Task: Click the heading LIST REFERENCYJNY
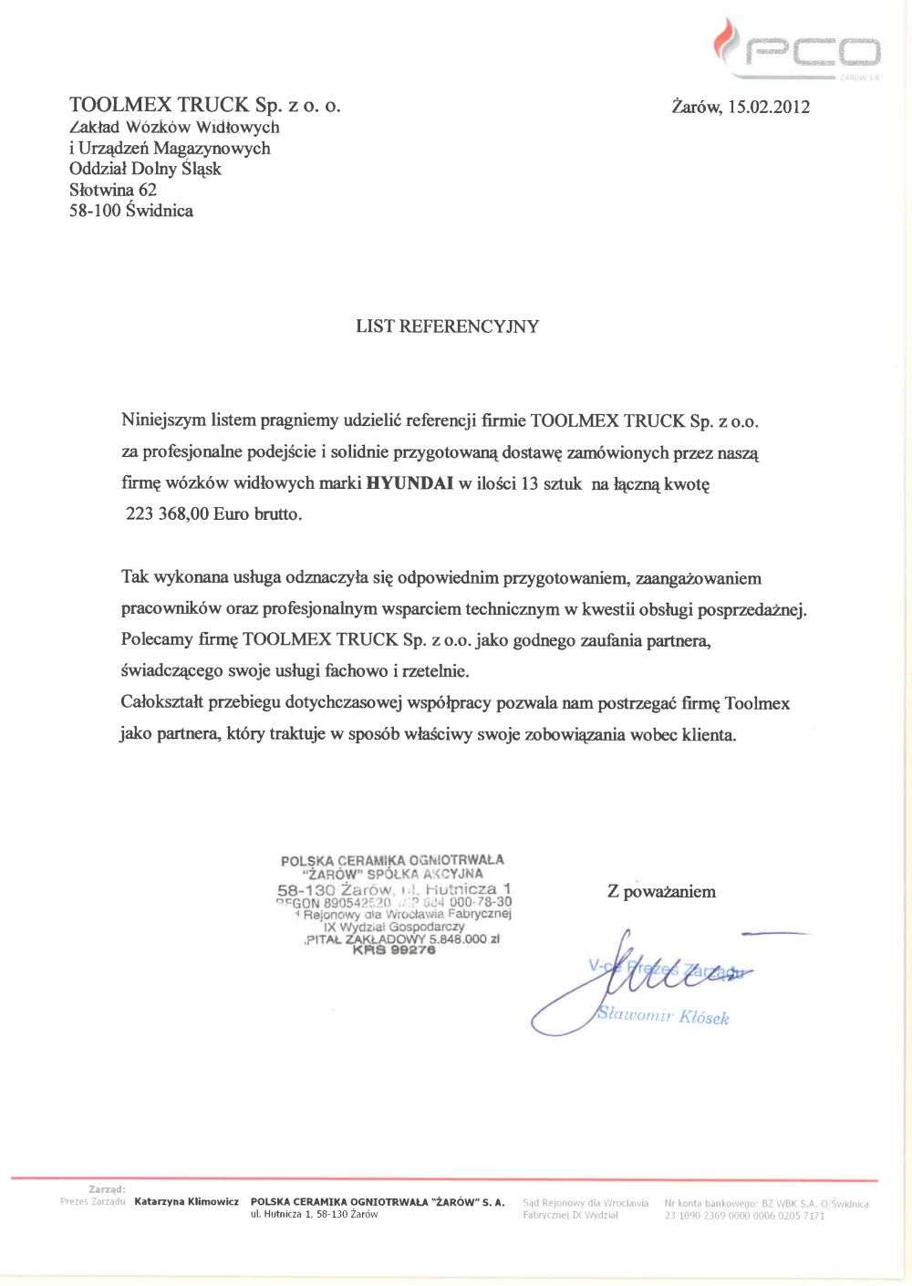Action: click(x=447, y=327)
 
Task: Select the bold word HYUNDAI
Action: click(x=409, y=483)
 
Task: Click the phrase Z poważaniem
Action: click(x=661, y=892)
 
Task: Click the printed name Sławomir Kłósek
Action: click(x=663, y=1016)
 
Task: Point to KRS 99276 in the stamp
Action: click(x=394, y=950)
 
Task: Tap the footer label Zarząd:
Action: click(x=107, y=1189)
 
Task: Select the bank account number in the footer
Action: click(x=744, y=1216)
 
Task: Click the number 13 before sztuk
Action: click(x=529, y=483)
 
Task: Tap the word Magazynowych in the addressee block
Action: click(x=212, y=148)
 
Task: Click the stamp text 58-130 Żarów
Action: click(x=335, y=889)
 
